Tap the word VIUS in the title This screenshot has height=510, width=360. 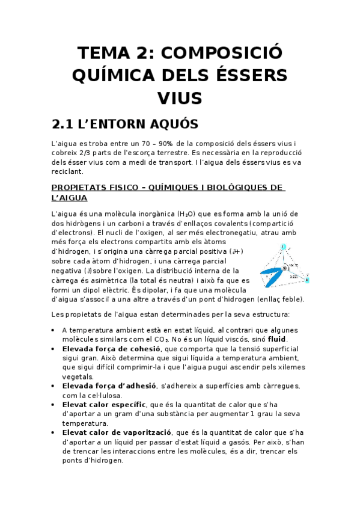point(180,98)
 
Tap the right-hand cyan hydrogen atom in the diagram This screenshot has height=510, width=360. point(307,280)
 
